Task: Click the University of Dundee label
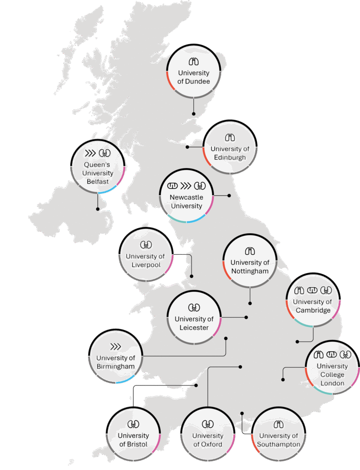click(194, 77)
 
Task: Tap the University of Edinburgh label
click(230, 153)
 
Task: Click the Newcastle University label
click(186, 201)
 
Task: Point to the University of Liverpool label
click(145, 261)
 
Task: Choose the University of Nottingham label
click(250, 267)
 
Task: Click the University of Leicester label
click(194, 323)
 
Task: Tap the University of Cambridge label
click(312, 306)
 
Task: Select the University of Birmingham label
click(116, 362)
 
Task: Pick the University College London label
click(332, 375)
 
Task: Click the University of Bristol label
click(133, 440)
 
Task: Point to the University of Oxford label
click(208, 440)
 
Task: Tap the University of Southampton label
click(279, 440)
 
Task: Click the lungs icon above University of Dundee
click(194, 62)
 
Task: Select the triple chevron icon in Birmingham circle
click(115, 347)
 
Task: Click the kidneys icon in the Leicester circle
click(194, 307)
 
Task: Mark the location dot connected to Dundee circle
click(194, 113)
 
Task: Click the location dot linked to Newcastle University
click(229, 195)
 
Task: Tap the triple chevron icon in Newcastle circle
click(186, 186)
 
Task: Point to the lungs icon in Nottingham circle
click(250, 251)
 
